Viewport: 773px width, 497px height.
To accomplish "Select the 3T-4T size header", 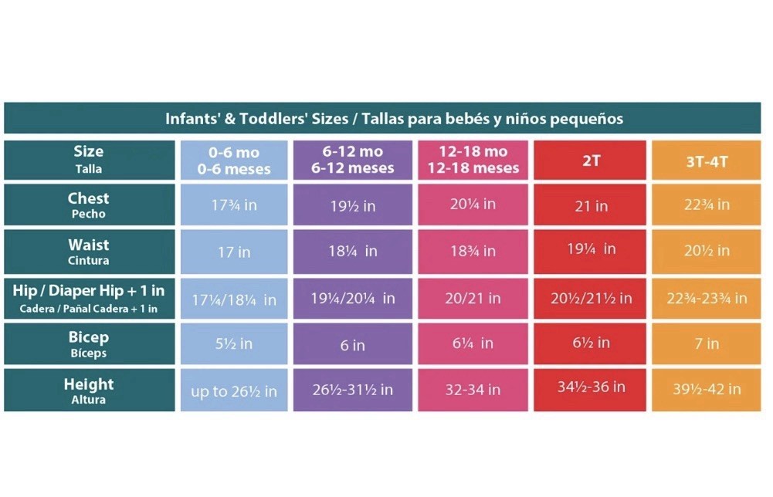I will (706, 161).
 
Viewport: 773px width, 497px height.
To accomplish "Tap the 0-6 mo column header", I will (234, 160).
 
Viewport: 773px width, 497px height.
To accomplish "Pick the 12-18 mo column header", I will (473, 160).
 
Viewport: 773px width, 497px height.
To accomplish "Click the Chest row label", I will (89, 205).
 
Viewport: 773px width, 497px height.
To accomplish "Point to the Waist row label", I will (89, 251).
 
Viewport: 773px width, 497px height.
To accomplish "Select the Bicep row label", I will (89, 343).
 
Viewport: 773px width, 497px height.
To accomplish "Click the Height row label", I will (89, 390).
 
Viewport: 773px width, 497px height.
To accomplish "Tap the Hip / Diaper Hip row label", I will (89, 297).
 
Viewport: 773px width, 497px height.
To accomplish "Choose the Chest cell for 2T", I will (591, 205).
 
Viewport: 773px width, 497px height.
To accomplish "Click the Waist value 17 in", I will (234, 252).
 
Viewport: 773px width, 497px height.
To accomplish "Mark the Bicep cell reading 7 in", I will (706, 344).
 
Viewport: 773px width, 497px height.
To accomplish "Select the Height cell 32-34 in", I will (473, 390).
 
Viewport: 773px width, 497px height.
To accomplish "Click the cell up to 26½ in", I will (234, 391).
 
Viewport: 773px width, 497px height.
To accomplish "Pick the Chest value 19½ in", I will (353, 205).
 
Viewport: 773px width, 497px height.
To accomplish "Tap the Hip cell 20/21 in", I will (473, 298).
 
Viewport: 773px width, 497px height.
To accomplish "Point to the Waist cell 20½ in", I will (706, 251).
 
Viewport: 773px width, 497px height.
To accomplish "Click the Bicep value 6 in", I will (353, 345).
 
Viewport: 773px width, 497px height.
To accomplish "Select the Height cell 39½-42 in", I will (706, 389).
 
